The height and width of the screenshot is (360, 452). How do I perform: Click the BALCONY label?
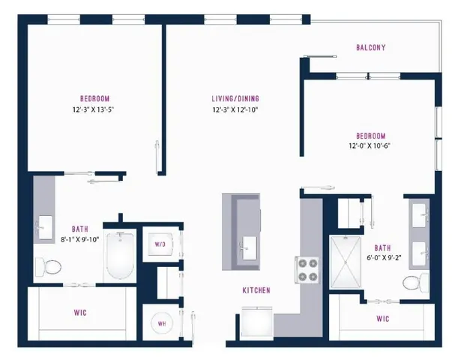click(371, 48)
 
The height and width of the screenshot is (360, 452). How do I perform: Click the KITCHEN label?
click(256, 290)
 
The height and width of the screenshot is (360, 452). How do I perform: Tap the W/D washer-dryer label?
click(160, 244)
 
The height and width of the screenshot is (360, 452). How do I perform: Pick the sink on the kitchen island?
click(248, 244)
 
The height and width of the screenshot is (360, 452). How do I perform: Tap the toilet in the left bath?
click(50, 265)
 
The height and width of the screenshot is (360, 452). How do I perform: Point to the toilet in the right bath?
click(413, 283)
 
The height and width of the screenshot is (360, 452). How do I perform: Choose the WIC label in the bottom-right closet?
click(382, 319)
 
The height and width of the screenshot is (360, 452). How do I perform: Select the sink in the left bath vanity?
click(44, 223)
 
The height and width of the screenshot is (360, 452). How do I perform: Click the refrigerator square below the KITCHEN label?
click(256, 324)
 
